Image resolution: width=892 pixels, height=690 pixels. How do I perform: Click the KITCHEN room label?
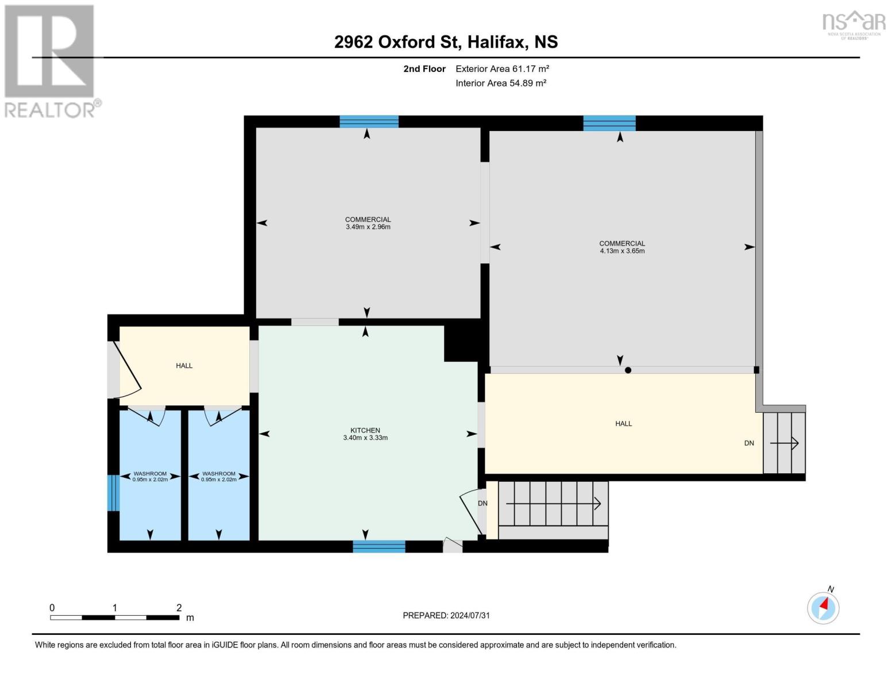(365, 430)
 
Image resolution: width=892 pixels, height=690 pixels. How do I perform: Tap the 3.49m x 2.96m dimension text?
(368, 227)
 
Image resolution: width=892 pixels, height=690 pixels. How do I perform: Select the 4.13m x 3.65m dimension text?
(622, 251)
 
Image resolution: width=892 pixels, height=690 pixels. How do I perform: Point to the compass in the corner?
(823, 607)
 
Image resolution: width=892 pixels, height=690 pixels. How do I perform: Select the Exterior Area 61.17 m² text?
(502, 68)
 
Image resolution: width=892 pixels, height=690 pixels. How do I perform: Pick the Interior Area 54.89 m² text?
(501, 83)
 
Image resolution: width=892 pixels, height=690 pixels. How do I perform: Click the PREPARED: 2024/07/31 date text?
(446, 615)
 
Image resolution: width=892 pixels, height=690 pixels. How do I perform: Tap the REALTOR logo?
(51, 62)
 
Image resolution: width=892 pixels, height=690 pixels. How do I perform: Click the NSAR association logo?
(854, 25)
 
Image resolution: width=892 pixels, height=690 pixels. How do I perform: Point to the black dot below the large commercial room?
(628, 370)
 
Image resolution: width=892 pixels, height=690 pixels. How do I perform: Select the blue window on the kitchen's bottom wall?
(379, 546)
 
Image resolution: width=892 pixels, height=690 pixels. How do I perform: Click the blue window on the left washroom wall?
(113, 493)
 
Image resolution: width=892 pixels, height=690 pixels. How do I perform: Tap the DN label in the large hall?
(749, 443)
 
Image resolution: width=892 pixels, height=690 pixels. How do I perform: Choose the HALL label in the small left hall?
(184, 366)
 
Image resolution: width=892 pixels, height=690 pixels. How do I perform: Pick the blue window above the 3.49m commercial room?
(369, 122)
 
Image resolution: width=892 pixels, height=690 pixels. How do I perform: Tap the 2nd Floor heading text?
(424, 68)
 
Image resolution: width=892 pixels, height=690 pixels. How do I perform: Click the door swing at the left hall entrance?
(128, 370)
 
